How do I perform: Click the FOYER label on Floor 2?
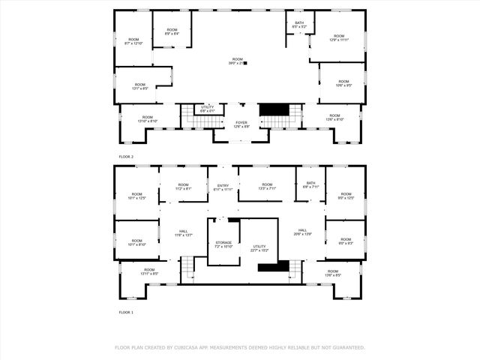[x=241, y=122]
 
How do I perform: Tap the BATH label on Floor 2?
[x=299, y=23]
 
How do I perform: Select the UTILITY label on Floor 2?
[x=208, y=106]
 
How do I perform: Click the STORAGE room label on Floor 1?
[x=224, y=242]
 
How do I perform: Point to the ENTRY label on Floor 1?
[x=223, y=185]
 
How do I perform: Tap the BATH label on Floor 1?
[x=310, y=184]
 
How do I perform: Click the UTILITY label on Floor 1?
[x=259, y=246]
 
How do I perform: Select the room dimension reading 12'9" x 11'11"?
[x=339, y=40]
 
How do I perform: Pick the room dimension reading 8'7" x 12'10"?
[x=133, y=43]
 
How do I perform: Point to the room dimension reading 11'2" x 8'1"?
[x=184, y=189]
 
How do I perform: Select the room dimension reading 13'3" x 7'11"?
[x=268, y=189]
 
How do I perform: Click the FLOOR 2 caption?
[x=126, y=156]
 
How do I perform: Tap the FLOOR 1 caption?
[x=126, y=311]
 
